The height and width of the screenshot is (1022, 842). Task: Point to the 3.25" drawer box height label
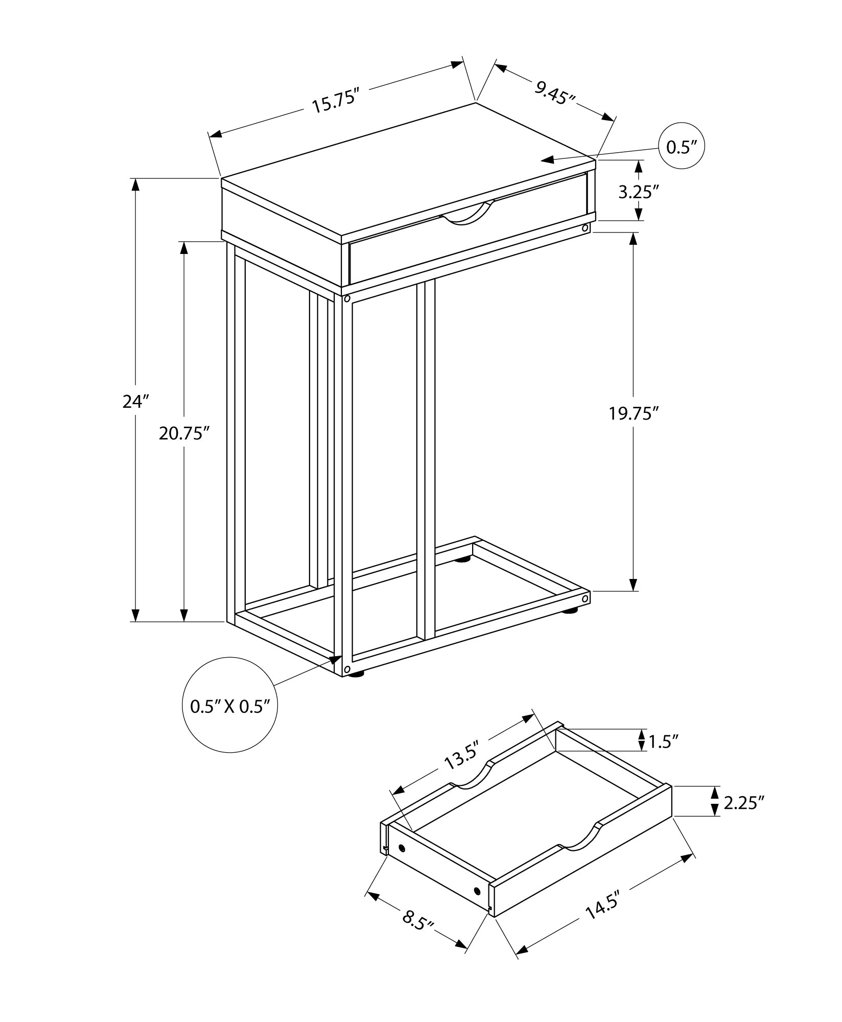[x=636, y=192]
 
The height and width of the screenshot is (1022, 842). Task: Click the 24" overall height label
[x=135, y=402]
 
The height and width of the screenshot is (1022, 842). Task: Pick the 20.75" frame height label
[x=184, y=434]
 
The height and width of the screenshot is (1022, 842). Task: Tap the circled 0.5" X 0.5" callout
[x=229, y=707]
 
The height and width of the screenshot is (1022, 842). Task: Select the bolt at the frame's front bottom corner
[x=347, y=669]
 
